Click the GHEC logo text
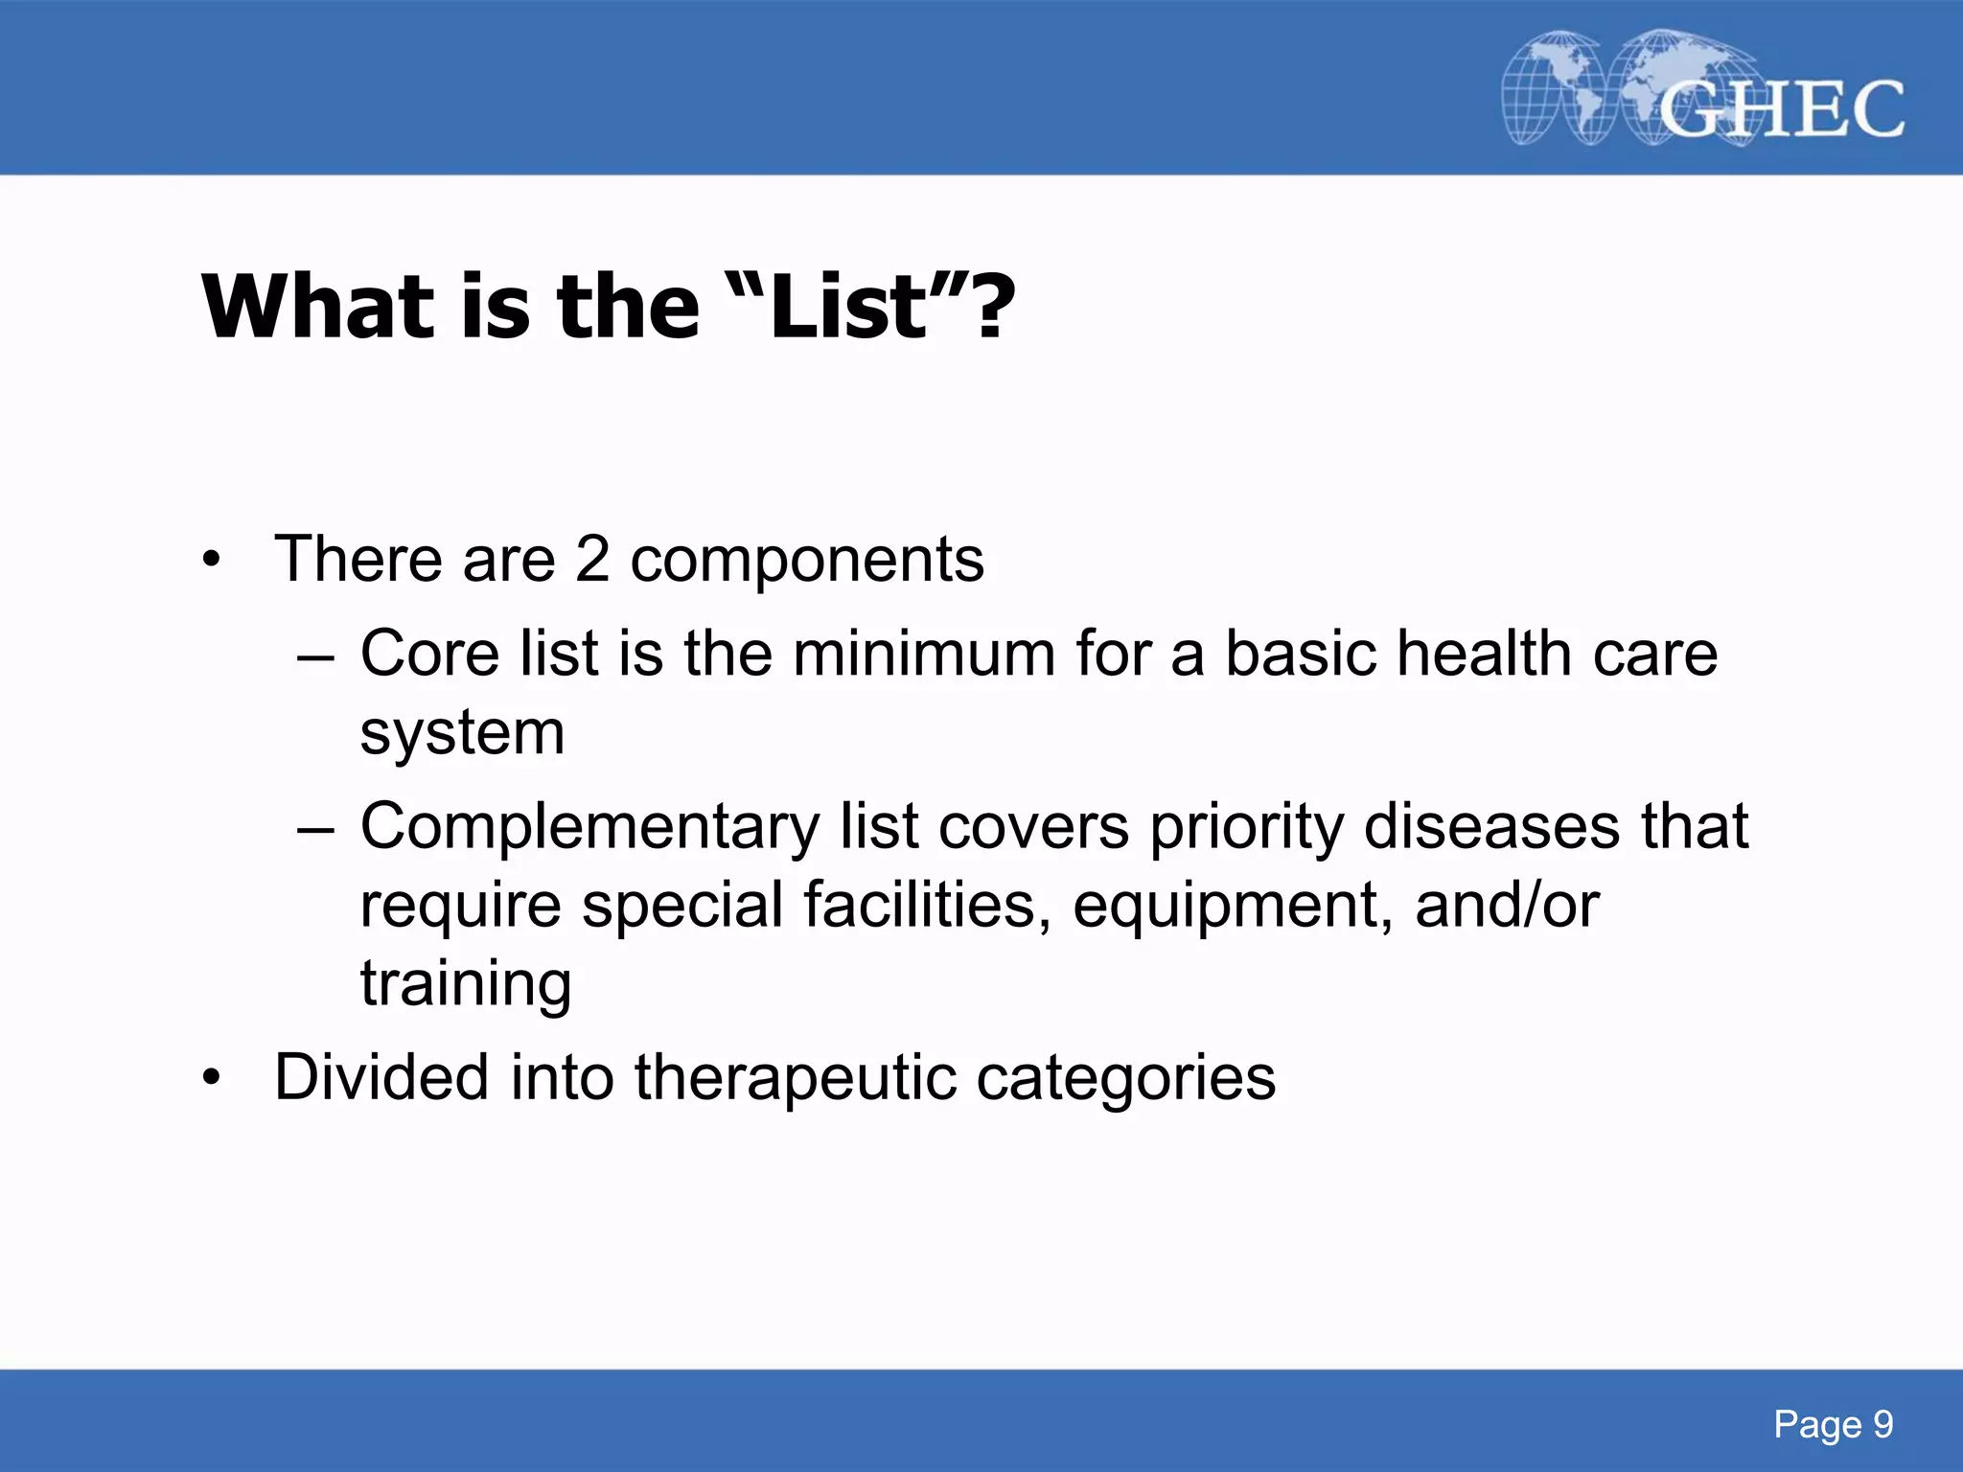coord(1781,109)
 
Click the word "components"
coord(807,562)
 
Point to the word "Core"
coord(429,654)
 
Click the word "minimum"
coord(922,654)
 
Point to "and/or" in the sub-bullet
coord(1507,905)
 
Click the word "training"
coord(466,985)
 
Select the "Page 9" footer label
coord(1833,1424)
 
